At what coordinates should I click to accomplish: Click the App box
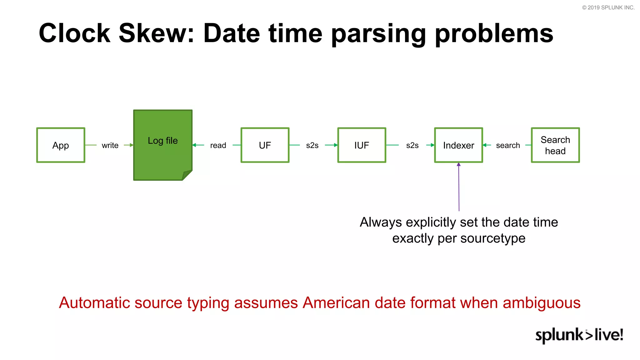tap(61, 145)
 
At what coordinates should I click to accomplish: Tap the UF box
tap(265, 145)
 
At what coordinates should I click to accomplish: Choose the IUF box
tap(362, 145)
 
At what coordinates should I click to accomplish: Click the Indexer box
tap(458, 145)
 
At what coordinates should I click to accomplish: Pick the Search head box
tap(555, 145)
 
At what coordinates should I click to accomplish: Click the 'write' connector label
tap(110, 145)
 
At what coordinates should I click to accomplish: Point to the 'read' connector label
tap(218, 145)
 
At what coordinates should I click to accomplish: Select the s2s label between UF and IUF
tap(312, 145)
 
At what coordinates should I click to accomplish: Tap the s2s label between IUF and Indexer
tap(412, 145)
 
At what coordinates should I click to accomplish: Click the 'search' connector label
tap(508, 145)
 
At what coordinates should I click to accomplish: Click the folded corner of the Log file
tap(187, 175)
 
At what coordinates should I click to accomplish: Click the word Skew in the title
tap(157, 33)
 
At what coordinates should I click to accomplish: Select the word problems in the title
tap(494, 34)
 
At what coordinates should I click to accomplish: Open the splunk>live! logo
tap(579, 335)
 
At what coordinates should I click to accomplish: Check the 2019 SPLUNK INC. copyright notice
tap(608, 7)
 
